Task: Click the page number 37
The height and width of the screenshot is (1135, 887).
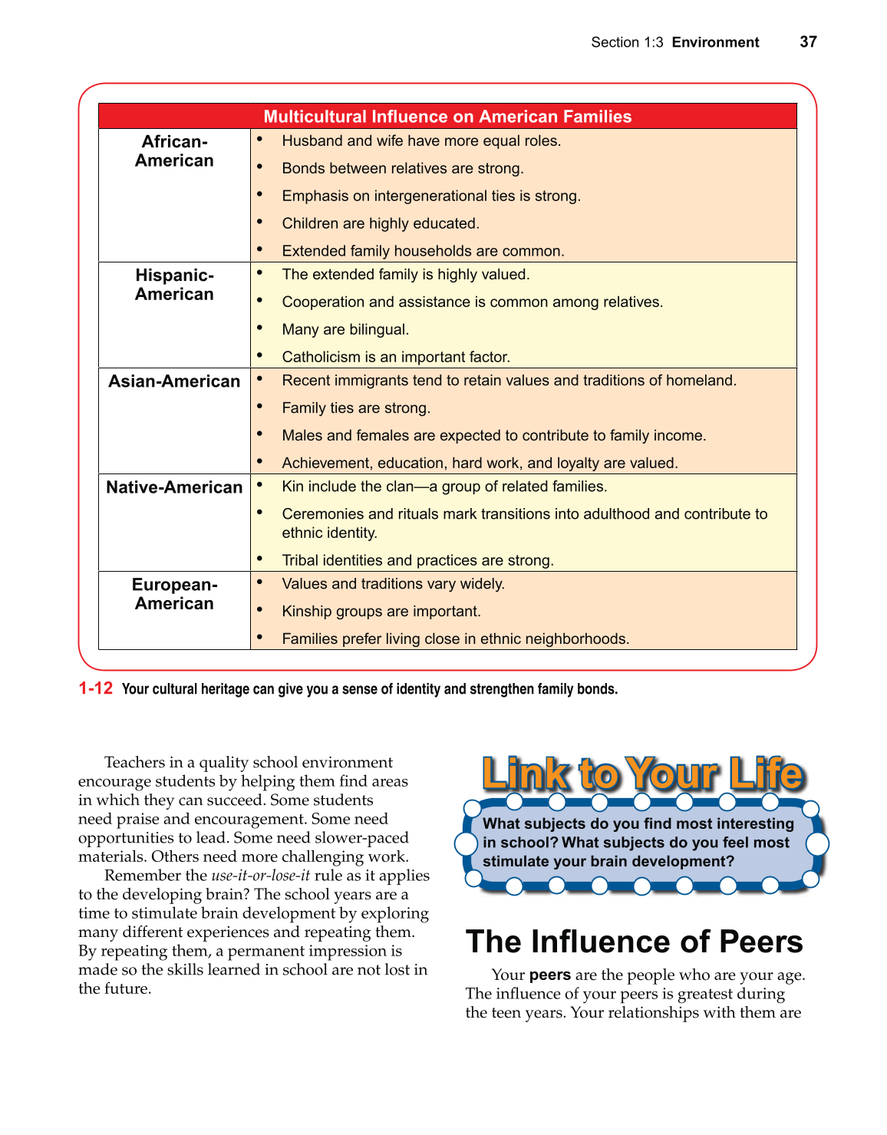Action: click(808, 42)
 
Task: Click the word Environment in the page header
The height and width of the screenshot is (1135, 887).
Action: click(715, 42)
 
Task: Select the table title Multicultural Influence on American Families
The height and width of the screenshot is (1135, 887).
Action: click(447, 117)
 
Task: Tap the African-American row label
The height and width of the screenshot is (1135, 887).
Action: click(174, 151)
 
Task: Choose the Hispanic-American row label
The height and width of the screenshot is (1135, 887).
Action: click(174, 285)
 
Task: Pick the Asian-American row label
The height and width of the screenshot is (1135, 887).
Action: click(174, 381)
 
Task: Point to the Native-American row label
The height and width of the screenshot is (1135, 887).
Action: click(174, 487)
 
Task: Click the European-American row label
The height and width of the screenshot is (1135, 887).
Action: click(174, 594)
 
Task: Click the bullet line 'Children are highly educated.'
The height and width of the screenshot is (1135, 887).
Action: click(380, 223)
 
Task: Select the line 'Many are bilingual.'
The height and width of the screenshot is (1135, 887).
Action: click(345, 329)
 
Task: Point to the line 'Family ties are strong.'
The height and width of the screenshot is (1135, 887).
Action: click(356, 407)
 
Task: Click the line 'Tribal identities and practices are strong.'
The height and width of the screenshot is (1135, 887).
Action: click(417, 560)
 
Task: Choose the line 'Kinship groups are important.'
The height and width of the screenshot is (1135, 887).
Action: click(381, 611)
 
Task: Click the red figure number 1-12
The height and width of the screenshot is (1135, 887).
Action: click(96, 688)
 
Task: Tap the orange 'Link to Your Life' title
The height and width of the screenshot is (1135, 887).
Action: click(642, 774)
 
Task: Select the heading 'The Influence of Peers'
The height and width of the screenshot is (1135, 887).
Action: click(634, 942)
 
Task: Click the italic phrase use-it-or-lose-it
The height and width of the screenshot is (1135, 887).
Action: click(260, 876)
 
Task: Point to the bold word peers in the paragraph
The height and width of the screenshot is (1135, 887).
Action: click(549, 975)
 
